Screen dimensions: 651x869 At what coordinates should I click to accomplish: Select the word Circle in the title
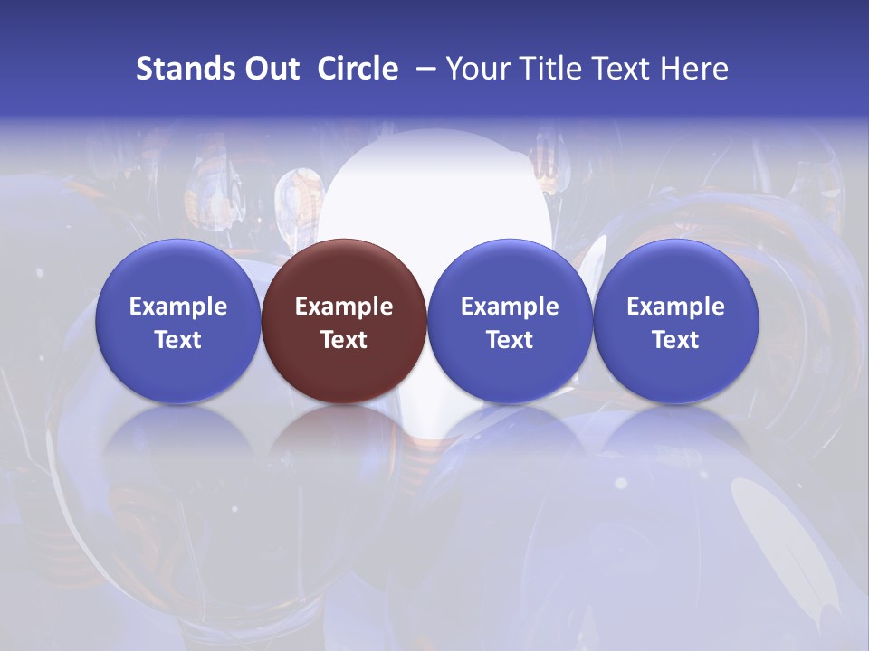point(358,69)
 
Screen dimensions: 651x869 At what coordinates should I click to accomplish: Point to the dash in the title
point(426,69)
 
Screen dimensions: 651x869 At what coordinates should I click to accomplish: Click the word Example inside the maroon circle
point(344,307)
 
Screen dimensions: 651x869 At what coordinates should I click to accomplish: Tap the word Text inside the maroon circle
point(344,340)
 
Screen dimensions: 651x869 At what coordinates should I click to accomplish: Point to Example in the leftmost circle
point(178,307)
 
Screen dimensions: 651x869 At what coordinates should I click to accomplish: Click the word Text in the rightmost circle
point(675,340)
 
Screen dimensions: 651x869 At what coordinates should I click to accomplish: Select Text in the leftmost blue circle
point(178,340)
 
